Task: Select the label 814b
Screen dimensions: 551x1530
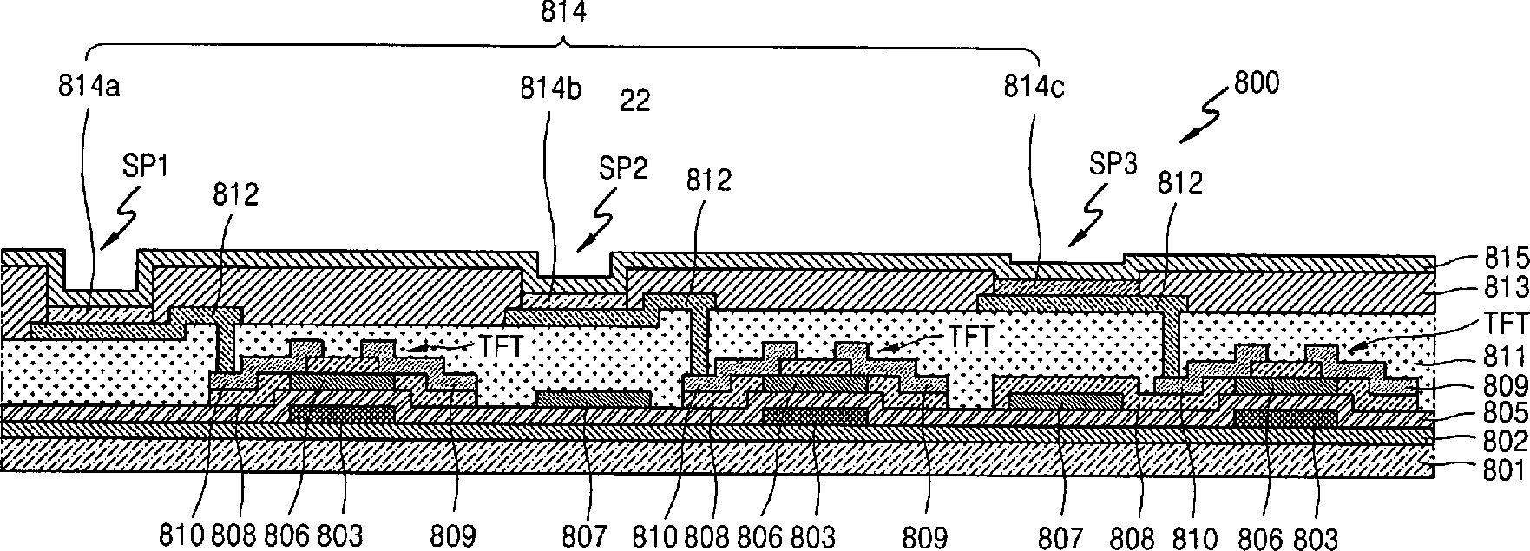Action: pyautogui.click(x=551, y=89)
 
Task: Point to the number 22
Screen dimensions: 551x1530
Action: pyautogui.click(x=635, y=102)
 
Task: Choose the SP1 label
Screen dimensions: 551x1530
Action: pyautogui.click(x=148, y=167)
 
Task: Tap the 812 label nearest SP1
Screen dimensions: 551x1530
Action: pyautogui.click(x=235, y=194)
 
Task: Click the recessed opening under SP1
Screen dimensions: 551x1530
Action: pyautogui.click(x=102, y=279)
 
